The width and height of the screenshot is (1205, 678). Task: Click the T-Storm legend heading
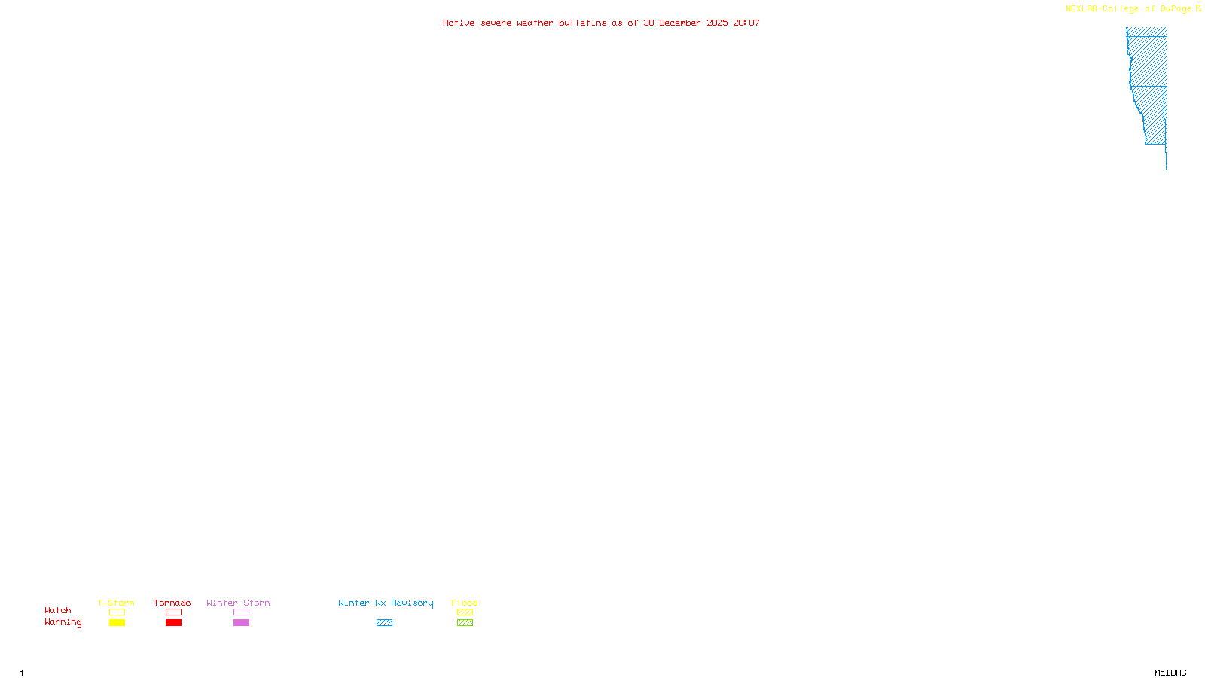coord(116,603)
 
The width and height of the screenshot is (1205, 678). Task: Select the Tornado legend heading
coord(172,603)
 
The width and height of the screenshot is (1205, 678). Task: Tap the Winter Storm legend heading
coord(238,603)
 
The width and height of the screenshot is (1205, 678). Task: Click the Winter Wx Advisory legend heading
coord(386,603)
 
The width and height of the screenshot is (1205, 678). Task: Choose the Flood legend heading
coord(465,603)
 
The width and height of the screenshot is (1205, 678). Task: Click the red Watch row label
coord(58,610)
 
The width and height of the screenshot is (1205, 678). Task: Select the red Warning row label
coord(63,622)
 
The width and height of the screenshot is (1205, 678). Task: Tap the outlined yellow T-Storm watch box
coord(117,612)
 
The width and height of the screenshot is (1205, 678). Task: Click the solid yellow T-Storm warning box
coord(117,623)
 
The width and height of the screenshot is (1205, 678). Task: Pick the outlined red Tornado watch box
coord(174,612)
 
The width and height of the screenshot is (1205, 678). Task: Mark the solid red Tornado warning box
coord(174,623)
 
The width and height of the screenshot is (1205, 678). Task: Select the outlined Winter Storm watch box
coord(241,612)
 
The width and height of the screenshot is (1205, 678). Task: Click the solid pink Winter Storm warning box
coord(241,623)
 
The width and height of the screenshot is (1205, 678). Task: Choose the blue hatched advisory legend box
coord(384,623)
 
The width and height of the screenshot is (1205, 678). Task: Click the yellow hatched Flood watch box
coord(465,612)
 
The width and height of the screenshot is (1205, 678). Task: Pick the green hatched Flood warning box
coord(465,623)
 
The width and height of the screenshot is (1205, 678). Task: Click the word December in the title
coord(680,23)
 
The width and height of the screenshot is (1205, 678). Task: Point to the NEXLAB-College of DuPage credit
coord(1128,8)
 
